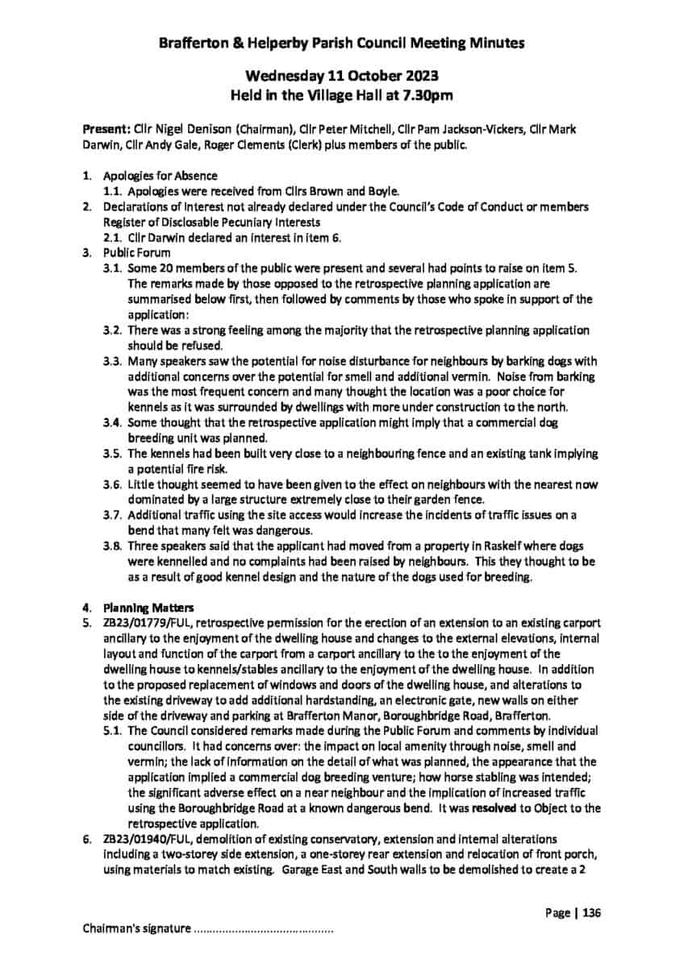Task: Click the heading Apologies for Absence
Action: click(160, 176)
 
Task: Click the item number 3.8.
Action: click(113, 546)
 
